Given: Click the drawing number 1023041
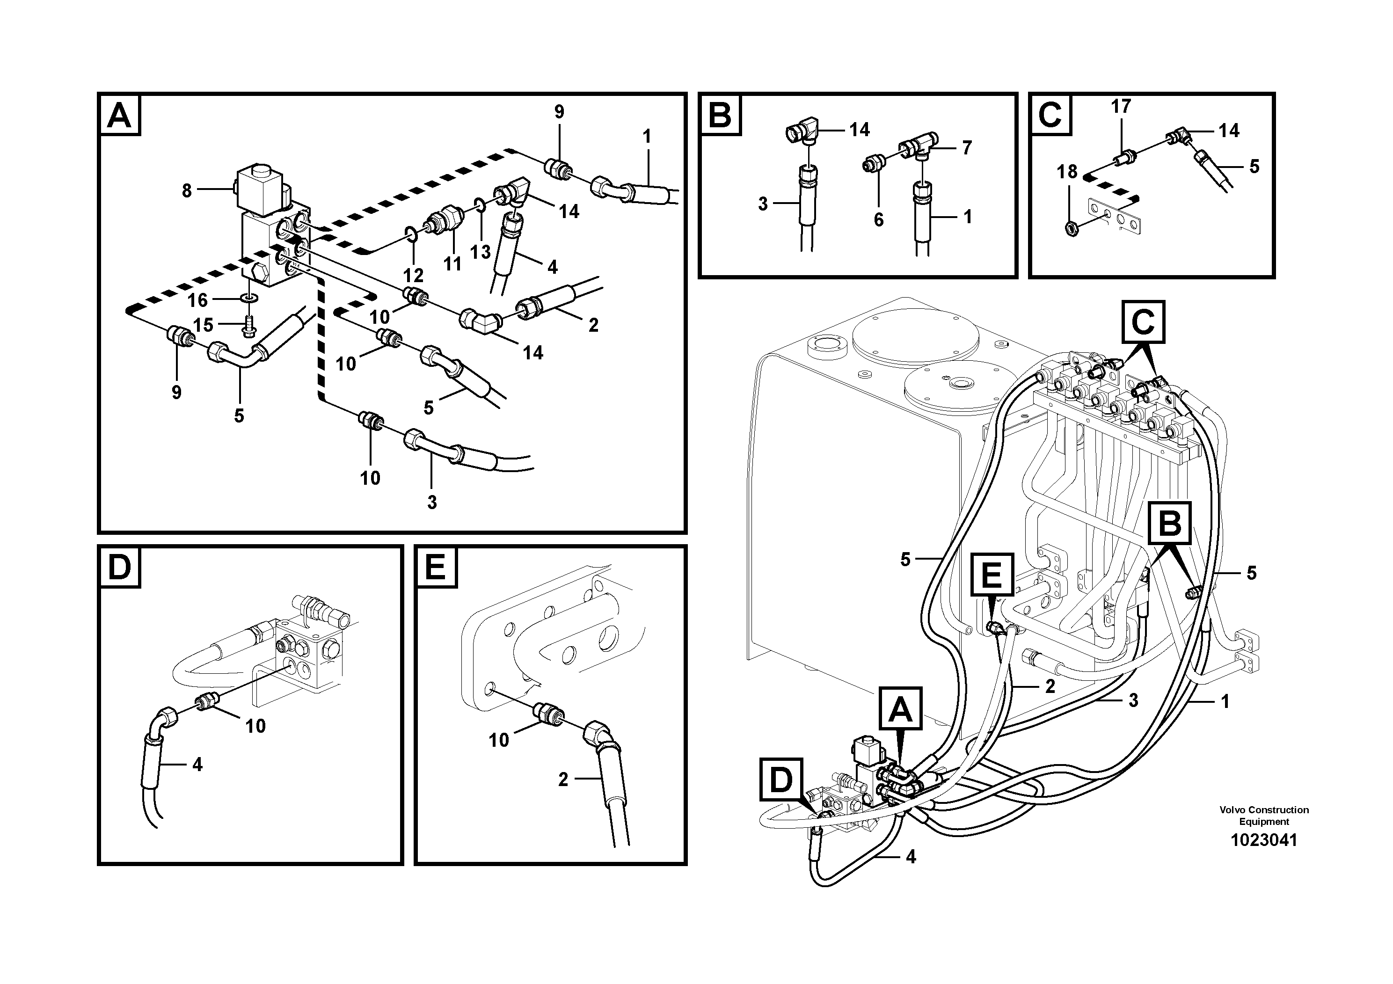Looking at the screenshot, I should click(1263, 840).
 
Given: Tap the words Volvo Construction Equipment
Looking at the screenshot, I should click(1264, 816).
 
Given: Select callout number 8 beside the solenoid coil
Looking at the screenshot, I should click(187, 190).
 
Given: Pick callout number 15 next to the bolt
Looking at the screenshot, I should click(203, 325).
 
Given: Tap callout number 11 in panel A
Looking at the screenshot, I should click(452, 264).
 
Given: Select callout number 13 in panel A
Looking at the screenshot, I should click(481, 252).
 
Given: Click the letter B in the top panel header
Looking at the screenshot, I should click(720, 115).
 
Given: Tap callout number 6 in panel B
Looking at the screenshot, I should click(878, 219).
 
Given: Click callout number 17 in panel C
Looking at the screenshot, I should click(1121, 106).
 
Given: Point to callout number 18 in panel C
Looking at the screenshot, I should click(1067, 172).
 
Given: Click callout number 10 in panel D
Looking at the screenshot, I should click(255, 726).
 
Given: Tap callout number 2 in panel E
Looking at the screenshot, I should click(563, 780).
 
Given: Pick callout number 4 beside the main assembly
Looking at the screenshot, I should click(910, 857).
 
